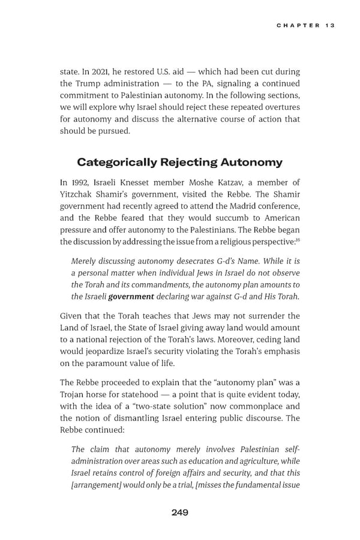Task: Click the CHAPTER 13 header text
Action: click(305, 25)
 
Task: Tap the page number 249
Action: click(179, 512)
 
